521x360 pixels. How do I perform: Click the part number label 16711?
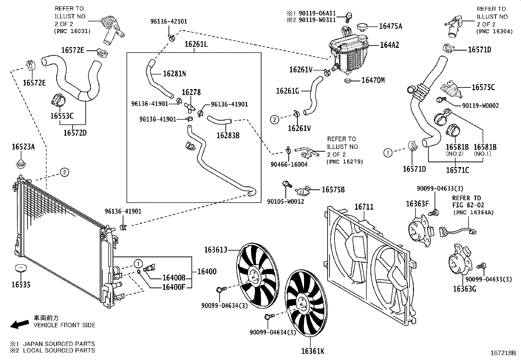364,207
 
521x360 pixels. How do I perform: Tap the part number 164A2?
389,45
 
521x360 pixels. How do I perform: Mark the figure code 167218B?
503,353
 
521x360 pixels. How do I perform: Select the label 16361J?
216,250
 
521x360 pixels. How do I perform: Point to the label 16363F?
417,204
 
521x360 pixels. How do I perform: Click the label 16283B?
228,135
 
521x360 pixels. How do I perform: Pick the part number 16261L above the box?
196,44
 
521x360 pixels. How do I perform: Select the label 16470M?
373,80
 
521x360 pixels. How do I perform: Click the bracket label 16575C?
483,87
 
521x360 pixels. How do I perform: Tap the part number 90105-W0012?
285,201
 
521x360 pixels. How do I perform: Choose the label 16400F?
174,287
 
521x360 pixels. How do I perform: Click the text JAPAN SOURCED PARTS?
59,344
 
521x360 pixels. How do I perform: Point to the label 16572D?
75,133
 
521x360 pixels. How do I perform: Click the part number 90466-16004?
289,164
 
